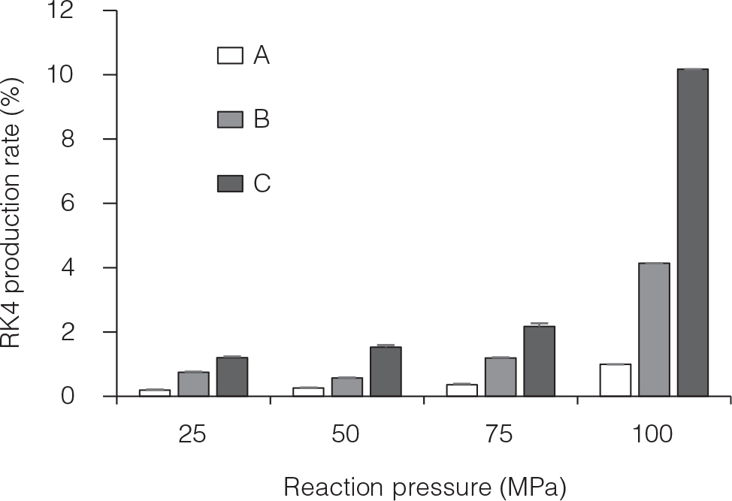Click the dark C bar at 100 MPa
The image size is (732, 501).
click(x=692, y=232)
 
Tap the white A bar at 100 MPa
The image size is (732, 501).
click(x=615, y=380)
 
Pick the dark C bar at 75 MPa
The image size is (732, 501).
click(x=539, y=361)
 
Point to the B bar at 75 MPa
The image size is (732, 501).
click(x=501, y=377)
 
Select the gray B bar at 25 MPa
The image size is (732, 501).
click(x=193, y=384)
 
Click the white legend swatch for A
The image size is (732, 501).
click(x=230, y=56)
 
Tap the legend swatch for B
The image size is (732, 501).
click(x=230, y=119)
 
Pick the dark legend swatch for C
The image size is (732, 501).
click(x=230, y=183)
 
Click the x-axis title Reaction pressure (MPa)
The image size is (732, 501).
click(x=425, y=486)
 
